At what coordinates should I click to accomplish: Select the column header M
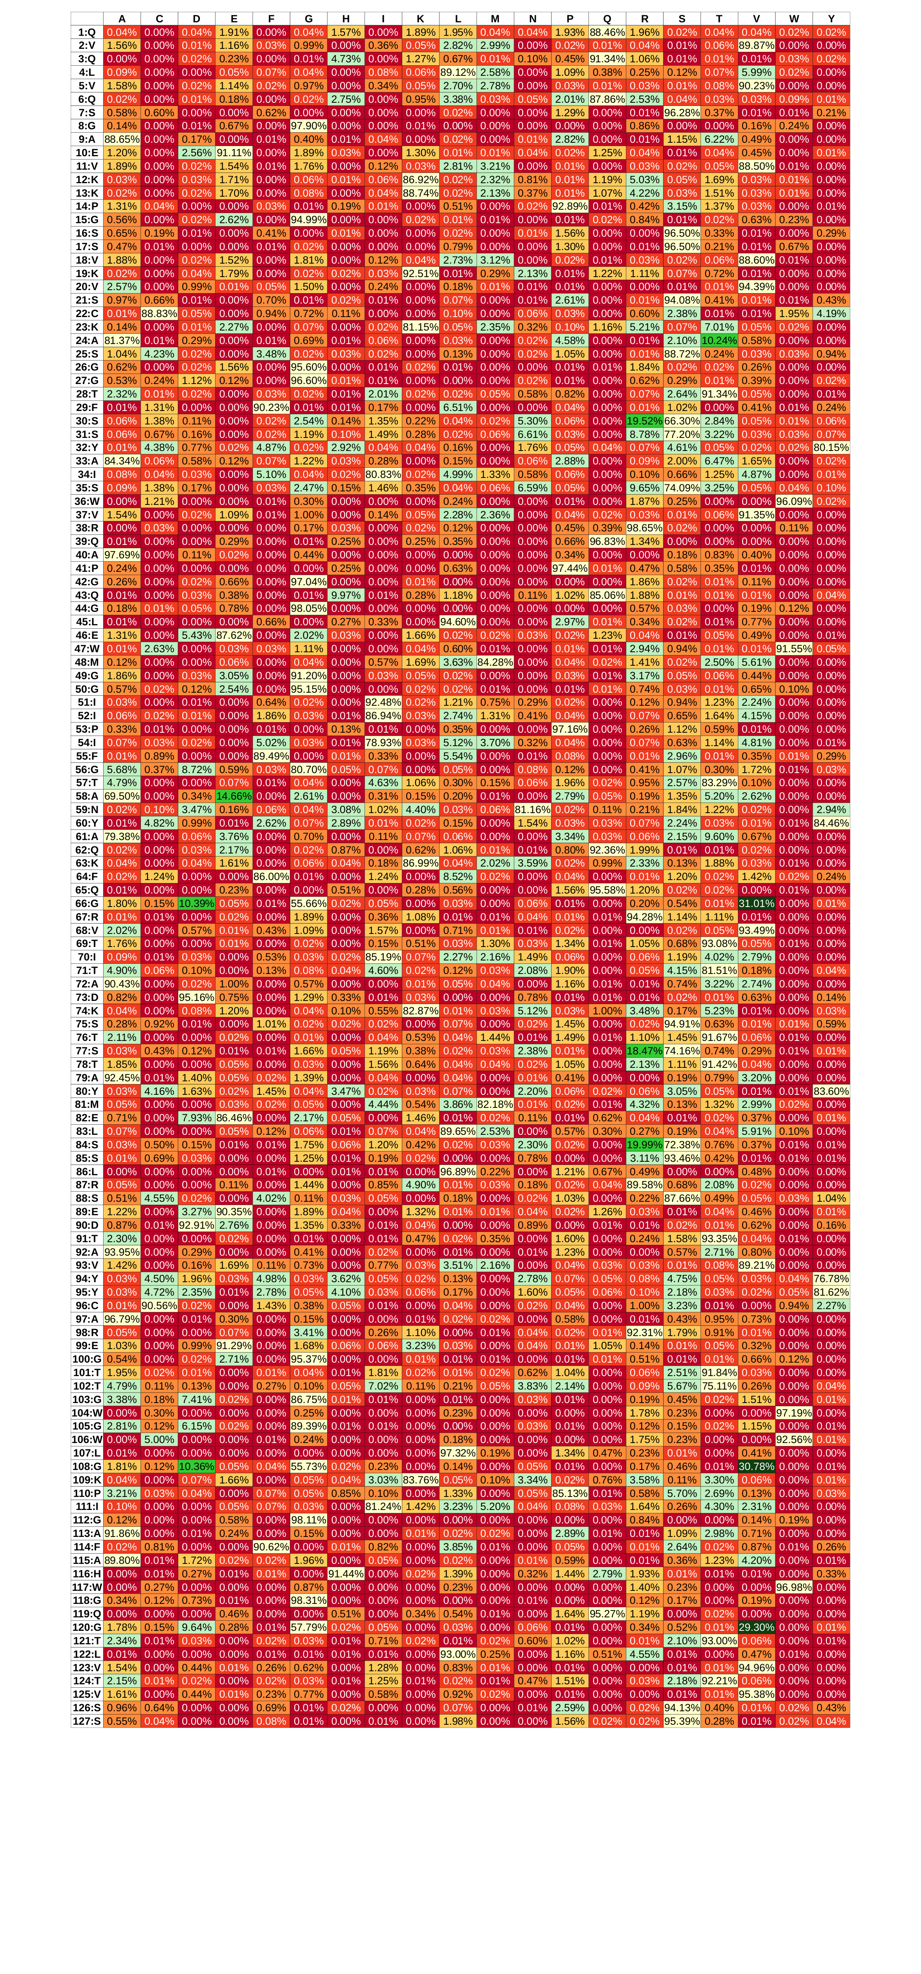(x=495, y=19)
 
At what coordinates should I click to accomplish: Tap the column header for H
(x=346, y=19)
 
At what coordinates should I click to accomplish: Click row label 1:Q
(x=87, y=32)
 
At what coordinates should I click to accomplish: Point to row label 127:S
(x=87, y=1721)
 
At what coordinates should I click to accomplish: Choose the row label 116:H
(x=87, y=1573)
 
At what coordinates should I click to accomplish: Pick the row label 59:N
(x=87, y=809)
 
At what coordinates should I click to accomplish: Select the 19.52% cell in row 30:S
(x=644, y=421)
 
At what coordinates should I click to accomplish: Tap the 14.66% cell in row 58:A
(x=234, y=796)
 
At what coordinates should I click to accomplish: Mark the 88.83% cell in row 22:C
(x=160, y=313)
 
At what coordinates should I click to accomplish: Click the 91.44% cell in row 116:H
(x=346, y=1573)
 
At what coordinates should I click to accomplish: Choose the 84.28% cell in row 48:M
(x=495, y=662)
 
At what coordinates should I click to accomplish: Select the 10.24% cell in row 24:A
(x=719, y=340)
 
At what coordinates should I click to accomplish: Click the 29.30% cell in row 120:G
(x=756, y=1627)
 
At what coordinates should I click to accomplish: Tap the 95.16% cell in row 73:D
(x=196, y=997)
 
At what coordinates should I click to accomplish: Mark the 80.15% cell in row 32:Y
(x=831, y=448)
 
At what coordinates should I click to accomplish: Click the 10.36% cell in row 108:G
(x=196, y=1466)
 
